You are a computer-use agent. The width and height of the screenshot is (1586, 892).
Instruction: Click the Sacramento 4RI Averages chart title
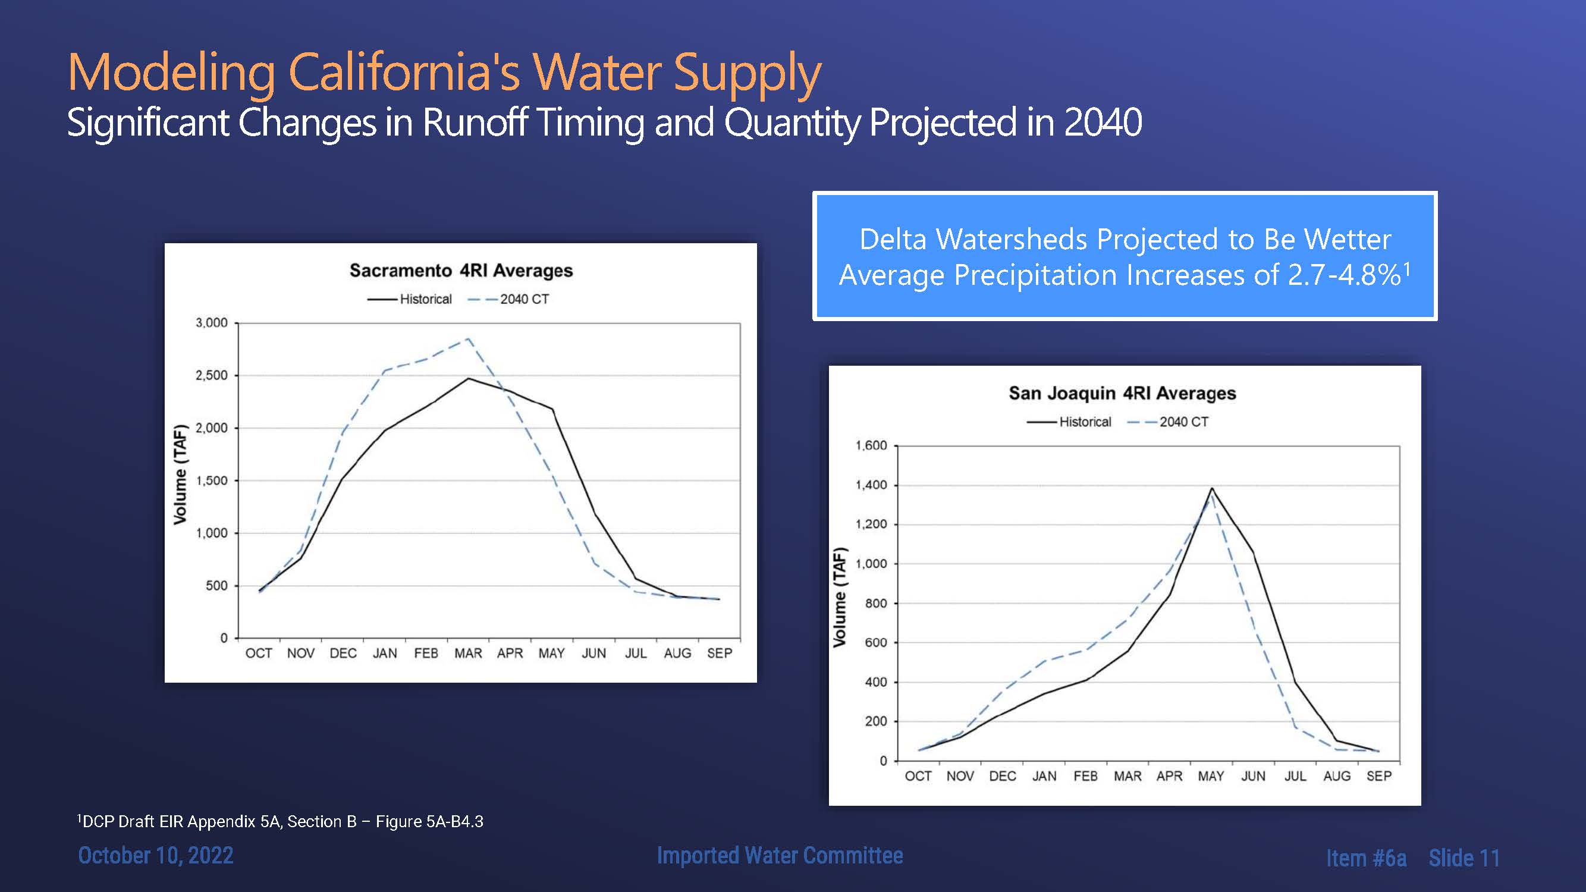(x=461, y=270)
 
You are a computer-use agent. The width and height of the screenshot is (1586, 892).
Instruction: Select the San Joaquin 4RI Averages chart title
(x=1122, y=392)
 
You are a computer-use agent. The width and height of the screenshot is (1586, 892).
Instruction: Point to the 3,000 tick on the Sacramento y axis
(x=211, y=322)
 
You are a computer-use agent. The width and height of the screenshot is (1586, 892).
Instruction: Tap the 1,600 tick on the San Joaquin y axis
(x=871, y=445)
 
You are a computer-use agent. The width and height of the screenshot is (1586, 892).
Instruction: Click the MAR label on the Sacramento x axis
(x=468, y=653)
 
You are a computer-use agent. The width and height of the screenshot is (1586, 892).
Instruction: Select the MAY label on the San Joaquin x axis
(x=1210, y=776)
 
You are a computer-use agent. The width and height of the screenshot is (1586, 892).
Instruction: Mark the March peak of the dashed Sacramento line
(x=469, y=338)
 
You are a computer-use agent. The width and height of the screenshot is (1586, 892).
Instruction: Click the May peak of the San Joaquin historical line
(x=1212, y=488)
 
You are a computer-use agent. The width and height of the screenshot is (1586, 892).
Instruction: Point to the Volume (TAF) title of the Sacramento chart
(x=180, y=474)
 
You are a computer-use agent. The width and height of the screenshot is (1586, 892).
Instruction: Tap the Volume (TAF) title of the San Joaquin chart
(x=839, y=597)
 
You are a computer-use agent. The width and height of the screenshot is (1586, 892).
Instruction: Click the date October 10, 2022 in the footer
(x=156, y=855)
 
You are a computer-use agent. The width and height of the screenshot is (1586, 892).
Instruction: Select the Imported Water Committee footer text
(x=780, y=855)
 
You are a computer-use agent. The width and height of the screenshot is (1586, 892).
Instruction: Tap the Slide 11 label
(x=1463, y=858)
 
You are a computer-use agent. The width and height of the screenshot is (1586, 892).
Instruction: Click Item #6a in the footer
(x=1365, y=858)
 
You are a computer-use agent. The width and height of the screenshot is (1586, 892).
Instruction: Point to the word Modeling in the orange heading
(x=171, y=73)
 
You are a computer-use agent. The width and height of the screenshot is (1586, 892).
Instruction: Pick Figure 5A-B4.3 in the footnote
(x=429, y=821)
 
